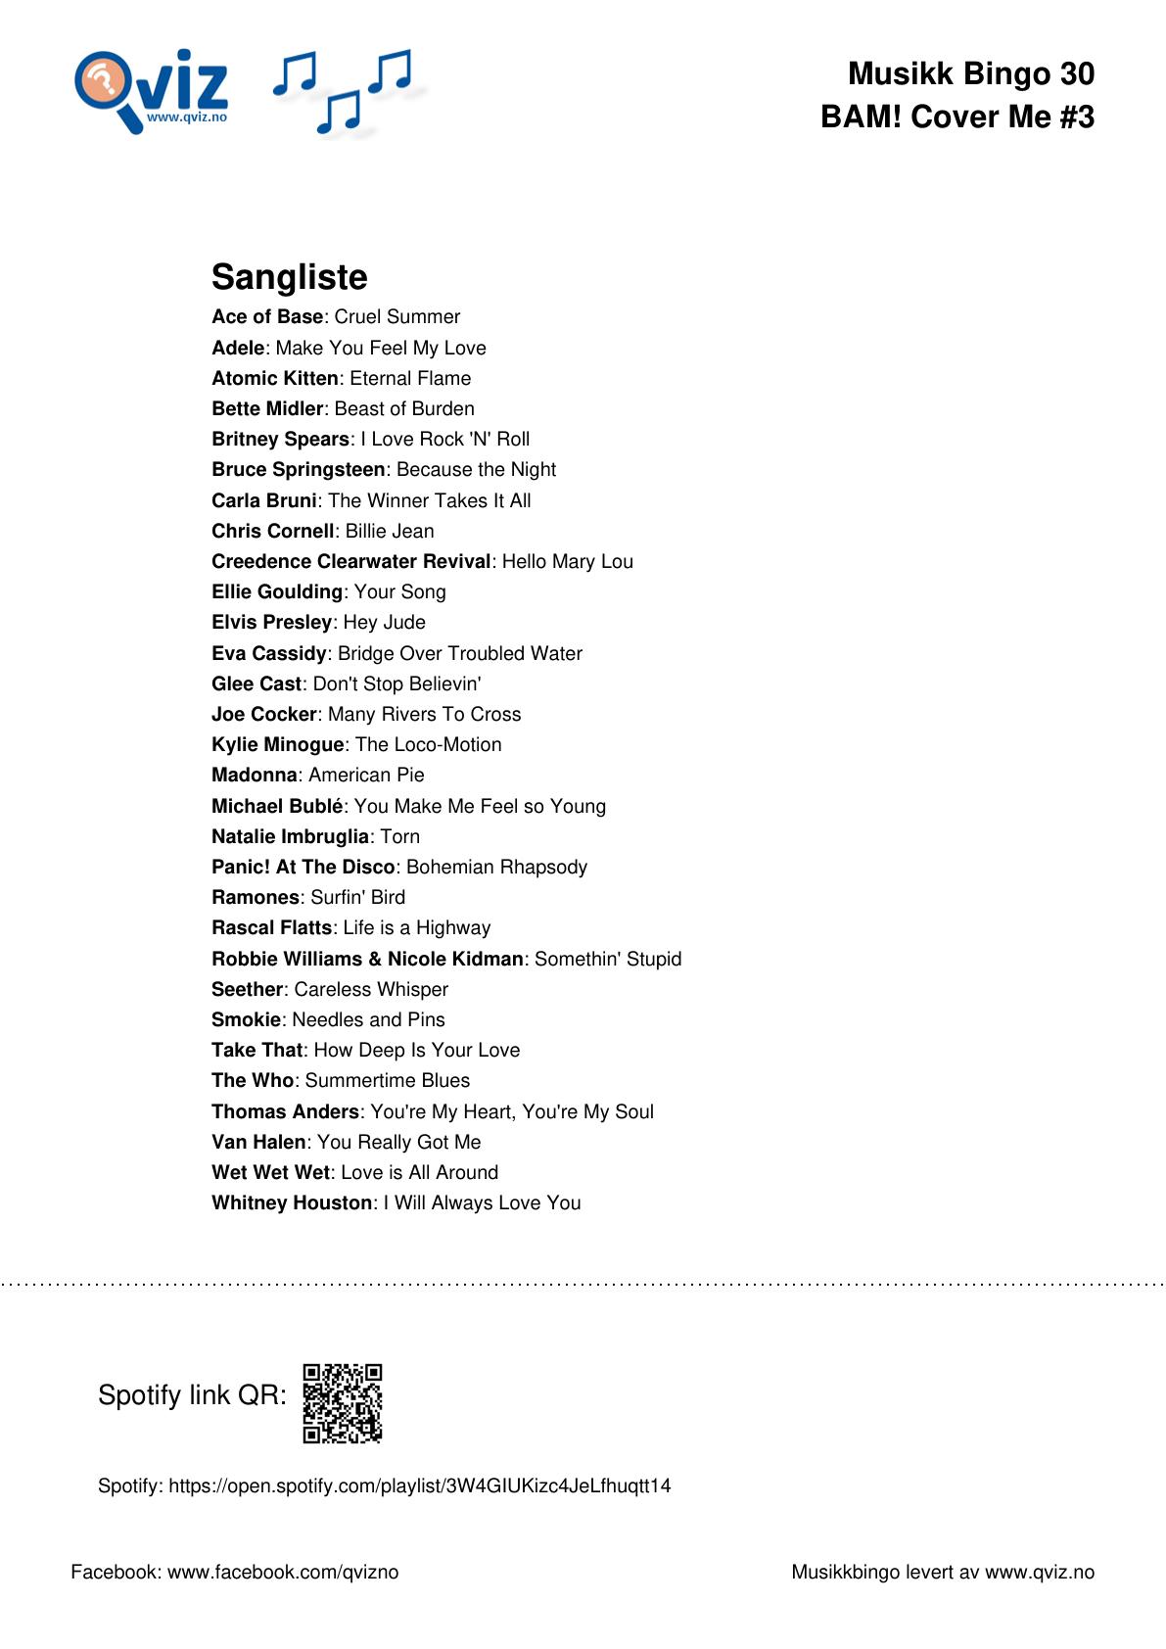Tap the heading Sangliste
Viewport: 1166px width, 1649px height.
click(x=289, y=277)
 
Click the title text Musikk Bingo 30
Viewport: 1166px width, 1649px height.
click(x=970, y=73)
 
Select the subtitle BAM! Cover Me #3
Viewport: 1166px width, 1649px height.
click(x=956, y=117)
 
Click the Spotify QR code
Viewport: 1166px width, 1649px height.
click(x=342, y=1403)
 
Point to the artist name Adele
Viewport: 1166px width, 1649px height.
click(x=238, y=348)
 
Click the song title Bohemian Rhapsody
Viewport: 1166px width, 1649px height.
click(x=496, y=867)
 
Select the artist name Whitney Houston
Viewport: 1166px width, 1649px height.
click(x=292, y=1202)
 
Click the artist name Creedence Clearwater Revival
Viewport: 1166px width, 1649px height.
click(x=350, y=561)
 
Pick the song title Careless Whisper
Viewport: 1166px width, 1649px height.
click(x=371, y=989)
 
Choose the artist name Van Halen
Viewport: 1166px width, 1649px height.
click(x=258, y=1142)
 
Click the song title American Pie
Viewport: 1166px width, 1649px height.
click(x=366, y=775)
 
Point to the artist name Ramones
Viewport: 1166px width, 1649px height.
click(x=256, y=897)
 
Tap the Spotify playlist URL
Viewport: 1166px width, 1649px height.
click(x=419, y=1485)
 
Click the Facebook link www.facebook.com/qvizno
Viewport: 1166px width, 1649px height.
click(x=283, y=1572)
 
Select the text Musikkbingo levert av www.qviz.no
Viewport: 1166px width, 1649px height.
click(x=942, y=1572)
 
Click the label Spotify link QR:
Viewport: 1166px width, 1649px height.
click(x=192, y=1395)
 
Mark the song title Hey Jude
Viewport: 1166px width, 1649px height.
click(x=384, y=622)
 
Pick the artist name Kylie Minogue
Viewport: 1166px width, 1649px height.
click(x=277, y=744)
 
